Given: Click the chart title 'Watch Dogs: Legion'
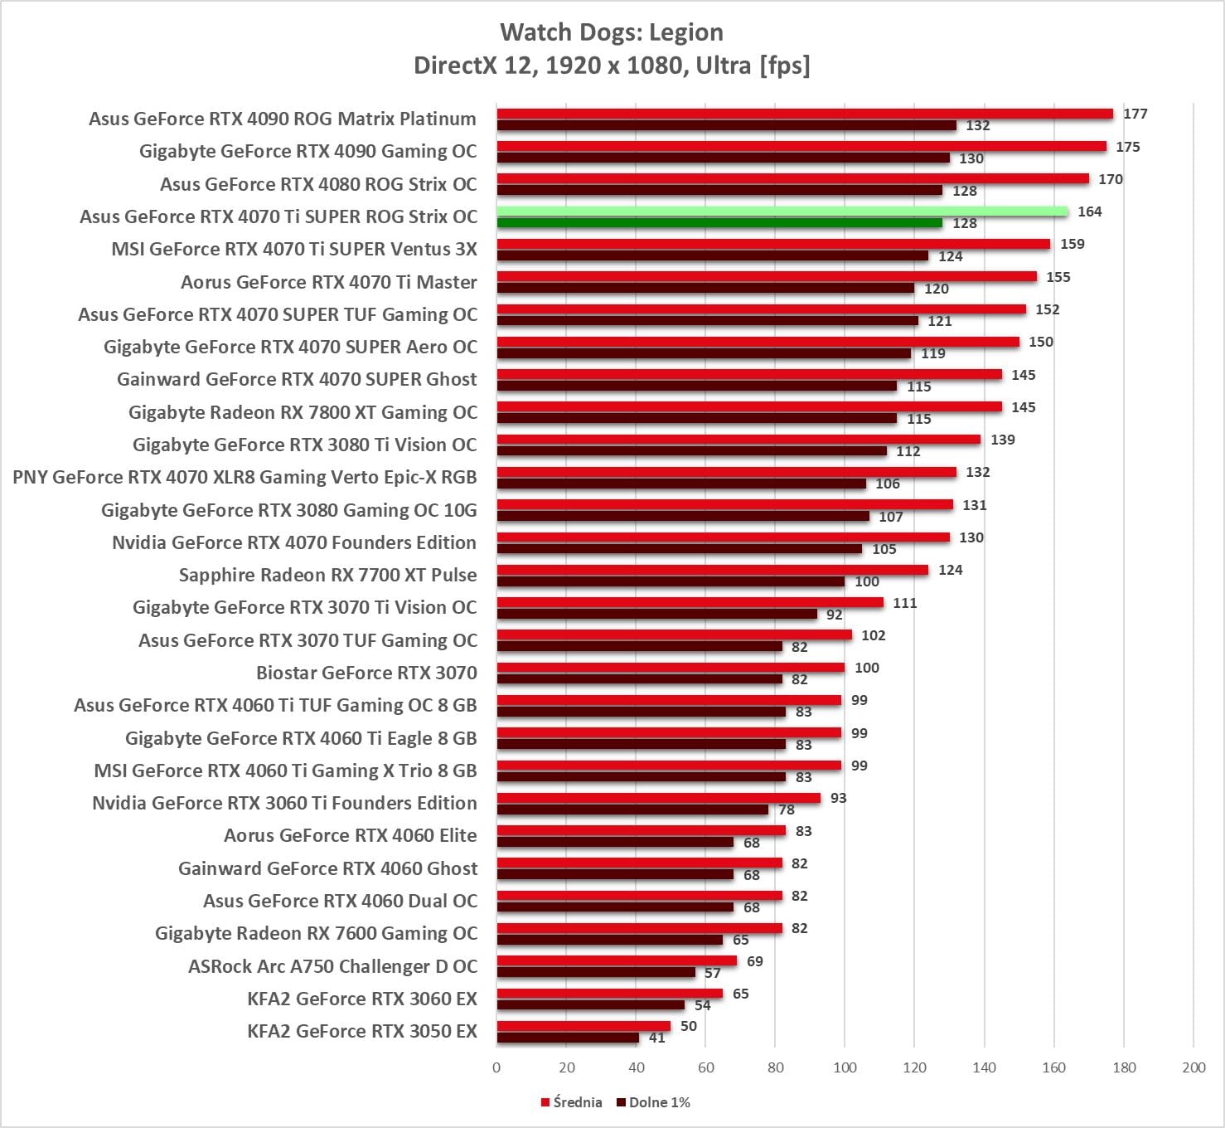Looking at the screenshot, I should click(612, 32).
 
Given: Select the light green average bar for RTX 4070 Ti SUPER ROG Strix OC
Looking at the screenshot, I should click(782, 211).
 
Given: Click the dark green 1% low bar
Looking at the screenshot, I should click(719, 223).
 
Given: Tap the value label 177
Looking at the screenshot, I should click(1135, 114).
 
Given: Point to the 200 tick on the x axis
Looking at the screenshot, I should click(1194, 1067).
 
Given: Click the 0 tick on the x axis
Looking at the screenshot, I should click(496, 1067).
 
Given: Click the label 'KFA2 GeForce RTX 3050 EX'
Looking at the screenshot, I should click(362, 1031).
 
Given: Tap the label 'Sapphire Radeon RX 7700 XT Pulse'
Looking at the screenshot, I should click(328, 575).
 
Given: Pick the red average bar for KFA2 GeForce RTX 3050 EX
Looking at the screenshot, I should click(583, 1026).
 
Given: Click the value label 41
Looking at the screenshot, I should click(657, 1038).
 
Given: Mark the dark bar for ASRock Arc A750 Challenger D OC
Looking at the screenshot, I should click(596, 973).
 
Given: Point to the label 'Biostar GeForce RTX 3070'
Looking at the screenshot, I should click(366, 673).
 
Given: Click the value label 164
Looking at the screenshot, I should click(1089, 211).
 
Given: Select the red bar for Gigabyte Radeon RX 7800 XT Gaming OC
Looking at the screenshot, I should click(749, 406).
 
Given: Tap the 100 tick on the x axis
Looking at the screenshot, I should click(845, 1067).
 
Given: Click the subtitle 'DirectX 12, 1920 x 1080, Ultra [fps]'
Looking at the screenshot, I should click(612, 65).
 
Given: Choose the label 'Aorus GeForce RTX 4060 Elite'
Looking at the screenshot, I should click(351, 835).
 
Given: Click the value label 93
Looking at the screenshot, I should click(838, 798).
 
